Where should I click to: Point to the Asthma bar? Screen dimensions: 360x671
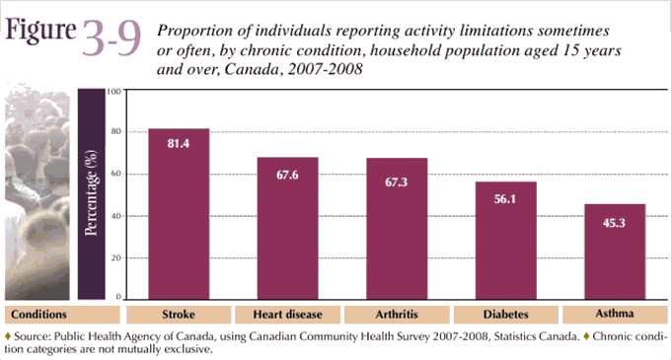pyautogui.click(x=614, y=251)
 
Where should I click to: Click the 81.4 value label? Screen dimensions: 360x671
pyautogui.click(x=179, y=145)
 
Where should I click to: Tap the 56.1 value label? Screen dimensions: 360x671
pyautogui.click(x=505, y=199)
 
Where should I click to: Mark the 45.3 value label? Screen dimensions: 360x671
pyautogui.click(x=614, y=223)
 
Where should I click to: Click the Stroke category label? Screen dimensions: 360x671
pyautogui.click(x=179, y=315)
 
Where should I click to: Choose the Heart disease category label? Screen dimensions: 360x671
pyautogui.click(x=287, y=315)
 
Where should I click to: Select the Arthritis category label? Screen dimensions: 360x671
pyautogui.click(x=397, y=315)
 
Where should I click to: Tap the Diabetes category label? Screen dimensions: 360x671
pyautogui.click(x=505, y=315)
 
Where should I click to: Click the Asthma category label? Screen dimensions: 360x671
pyautogui.click(x=614, y=315)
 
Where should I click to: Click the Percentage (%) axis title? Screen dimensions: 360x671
pyautogui.click(x=90, y=193)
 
